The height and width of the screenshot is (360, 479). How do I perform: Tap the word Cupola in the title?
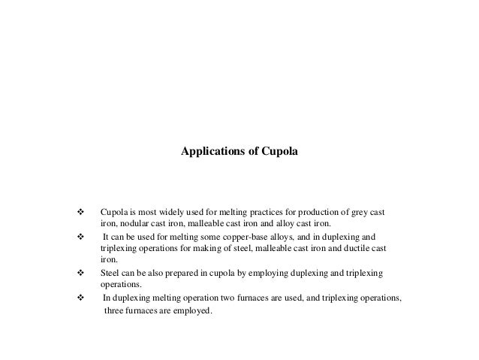click(x=280, y=151)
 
